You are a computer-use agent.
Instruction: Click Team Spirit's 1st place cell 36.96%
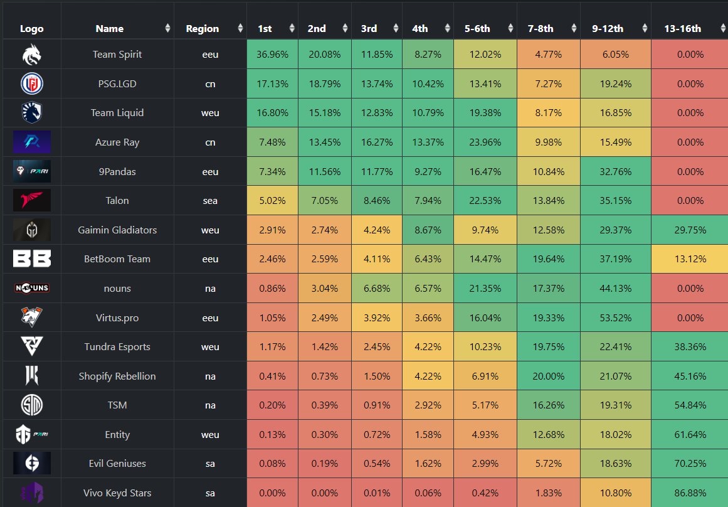click(x=272, y=55)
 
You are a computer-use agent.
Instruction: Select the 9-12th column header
click(x=607, y=28)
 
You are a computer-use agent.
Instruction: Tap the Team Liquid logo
click(x=31, y=113)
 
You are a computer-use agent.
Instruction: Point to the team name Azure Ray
click(x=117, y=142)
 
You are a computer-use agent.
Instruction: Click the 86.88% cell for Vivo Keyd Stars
click(x=690, y=493)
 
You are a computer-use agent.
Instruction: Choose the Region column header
click(x=203, y=28)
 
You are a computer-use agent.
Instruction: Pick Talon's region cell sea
click(x=210, y=201)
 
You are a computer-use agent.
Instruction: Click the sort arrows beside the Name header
click(x=167, y=28)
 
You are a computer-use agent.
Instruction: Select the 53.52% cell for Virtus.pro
click(x=615, y=318)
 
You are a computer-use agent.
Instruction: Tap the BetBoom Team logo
click(x=31, y=259)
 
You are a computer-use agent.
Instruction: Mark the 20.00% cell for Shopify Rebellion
click(x=548, y=376)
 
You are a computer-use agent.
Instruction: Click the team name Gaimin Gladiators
click(x=117, y=230)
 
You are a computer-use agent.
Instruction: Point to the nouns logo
click(x=31, y=289)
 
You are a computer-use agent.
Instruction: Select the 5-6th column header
click(x=477, y=28)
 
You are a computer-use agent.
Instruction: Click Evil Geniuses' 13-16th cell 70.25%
click(x=690, y=464)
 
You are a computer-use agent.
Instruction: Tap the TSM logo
click(x=31, y=405)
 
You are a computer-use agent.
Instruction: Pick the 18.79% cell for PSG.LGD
click(x=324, y=84)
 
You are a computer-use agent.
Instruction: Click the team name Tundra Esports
click(x=117, y=347)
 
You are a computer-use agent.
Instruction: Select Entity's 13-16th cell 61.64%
click(x=690, y=435)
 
